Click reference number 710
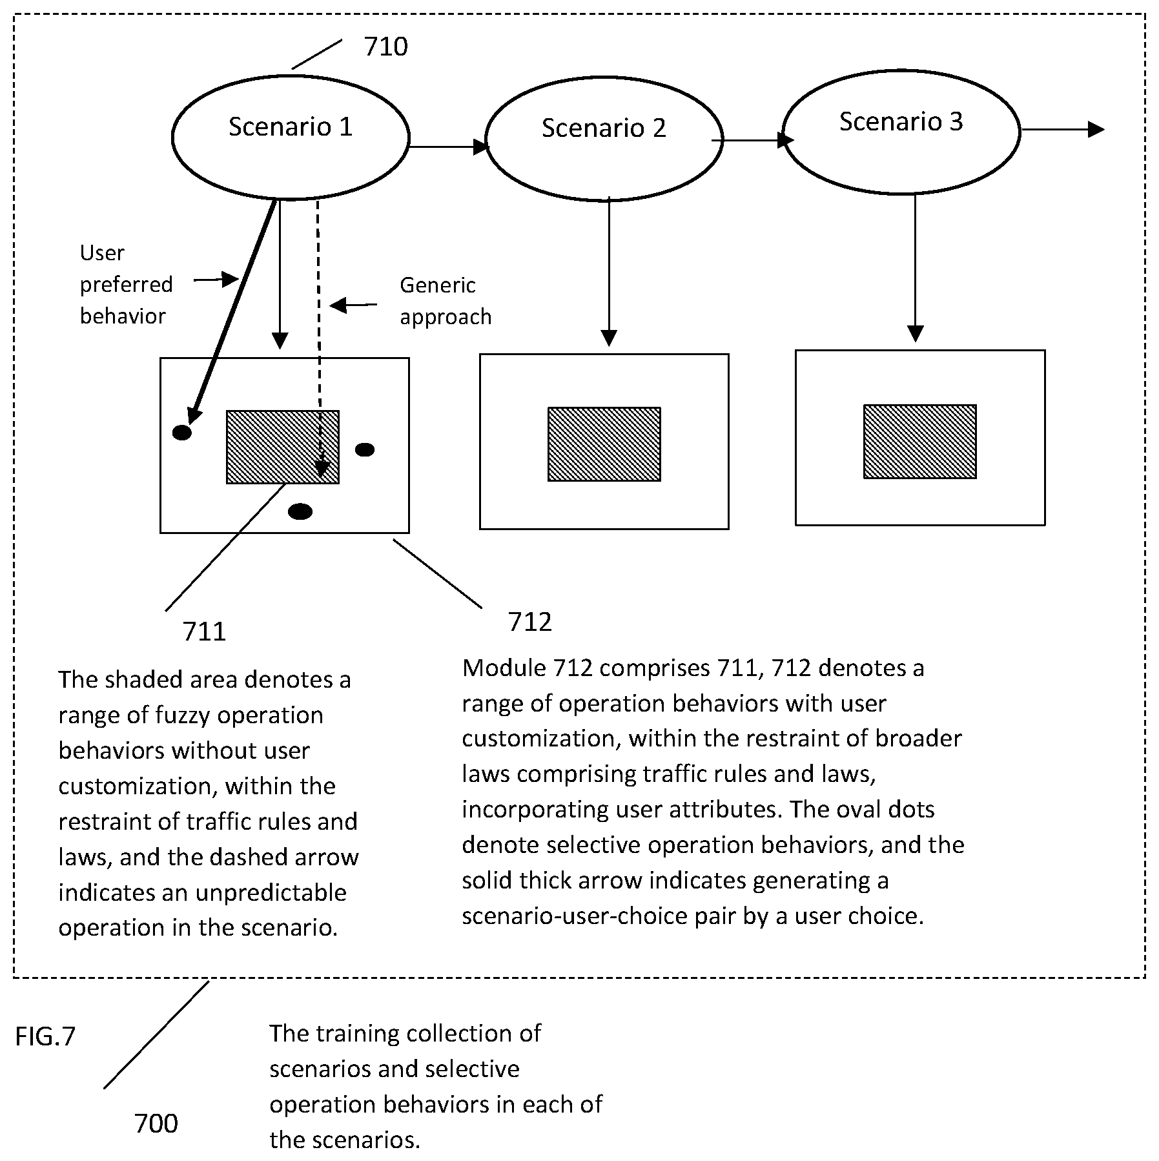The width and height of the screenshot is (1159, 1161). [385, 46]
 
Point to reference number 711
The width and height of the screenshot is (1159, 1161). [204, 631]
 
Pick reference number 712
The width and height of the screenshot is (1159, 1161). [529, 621]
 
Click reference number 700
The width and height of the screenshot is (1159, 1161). [156, 1123]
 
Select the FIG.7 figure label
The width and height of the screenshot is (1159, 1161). [45, 1036]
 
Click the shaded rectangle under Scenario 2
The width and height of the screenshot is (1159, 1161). [604, 444]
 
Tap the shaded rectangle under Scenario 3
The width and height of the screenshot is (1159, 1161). [919, 442]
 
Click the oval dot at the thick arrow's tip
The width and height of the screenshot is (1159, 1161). [182, 433]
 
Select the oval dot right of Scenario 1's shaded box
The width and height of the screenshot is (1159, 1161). [365, 449]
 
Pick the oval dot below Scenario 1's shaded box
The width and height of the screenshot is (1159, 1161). [300, 512]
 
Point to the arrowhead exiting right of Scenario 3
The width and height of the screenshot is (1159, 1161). [1096, 129]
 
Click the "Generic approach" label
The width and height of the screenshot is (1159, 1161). [446, 301]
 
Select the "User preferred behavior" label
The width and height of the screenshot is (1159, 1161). [127, 284]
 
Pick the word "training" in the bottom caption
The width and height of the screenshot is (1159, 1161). [363, 1034]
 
